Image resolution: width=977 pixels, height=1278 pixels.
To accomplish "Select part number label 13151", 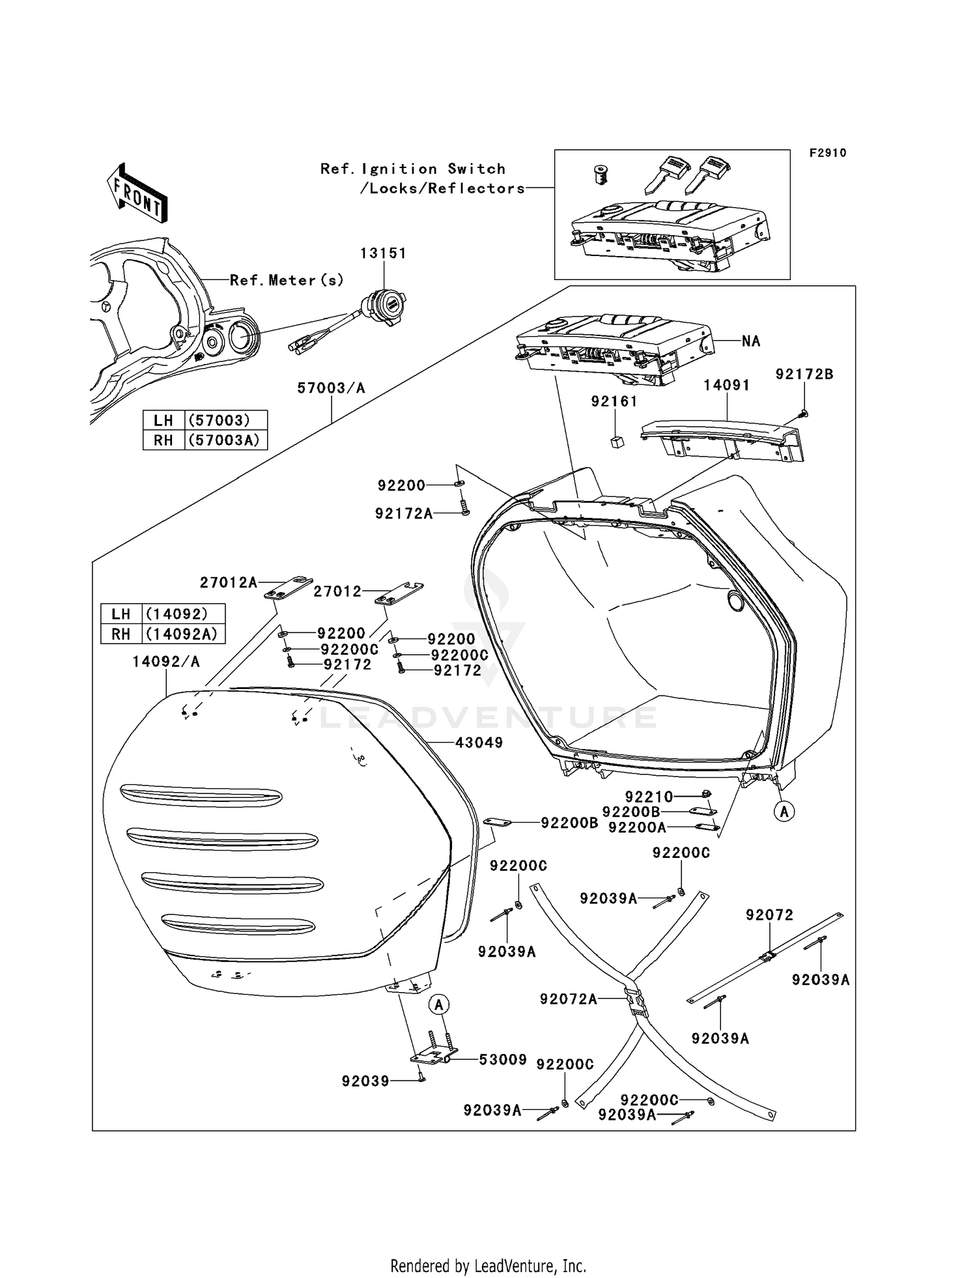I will (x=384, y=253).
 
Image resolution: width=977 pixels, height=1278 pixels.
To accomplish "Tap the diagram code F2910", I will (x=828, y=153).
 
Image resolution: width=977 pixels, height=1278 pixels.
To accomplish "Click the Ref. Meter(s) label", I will (x=287, y=280).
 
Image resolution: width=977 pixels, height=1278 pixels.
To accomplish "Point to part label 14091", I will (x=726, y=385).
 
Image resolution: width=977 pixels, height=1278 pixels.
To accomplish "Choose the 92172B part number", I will (x=804, y=375).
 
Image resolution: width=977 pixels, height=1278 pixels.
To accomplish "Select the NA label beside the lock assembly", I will (x=751, y=341).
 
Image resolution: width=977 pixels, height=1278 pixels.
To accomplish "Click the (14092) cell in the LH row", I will (x=177, y=614).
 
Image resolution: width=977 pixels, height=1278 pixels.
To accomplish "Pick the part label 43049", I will (x=479, y=743).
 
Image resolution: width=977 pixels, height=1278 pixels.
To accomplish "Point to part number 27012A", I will (x=229, y=582).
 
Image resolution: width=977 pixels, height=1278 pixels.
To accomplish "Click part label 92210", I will (x=649, y=796).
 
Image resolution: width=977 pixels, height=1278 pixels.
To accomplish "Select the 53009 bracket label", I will (x=502, y=1060).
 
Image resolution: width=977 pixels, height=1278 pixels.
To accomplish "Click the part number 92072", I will (x=769, y=915).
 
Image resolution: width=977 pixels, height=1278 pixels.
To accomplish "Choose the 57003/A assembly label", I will (x=331, y=388).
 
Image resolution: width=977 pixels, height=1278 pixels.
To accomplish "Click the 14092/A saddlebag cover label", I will (x=166, y=662).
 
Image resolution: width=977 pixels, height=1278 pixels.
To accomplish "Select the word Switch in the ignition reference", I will (x=476, y=169).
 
